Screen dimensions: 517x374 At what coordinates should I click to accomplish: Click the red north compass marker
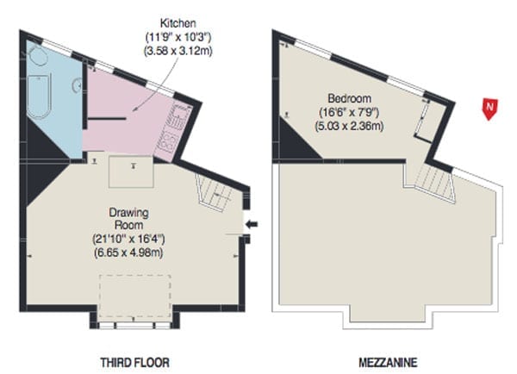click(x=489, y=109)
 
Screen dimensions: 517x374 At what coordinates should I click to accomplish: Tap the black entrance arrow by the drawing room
click(x=252, y=224)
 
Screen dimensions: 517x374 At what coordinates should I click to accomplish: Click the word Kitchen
click(x=178, y=23)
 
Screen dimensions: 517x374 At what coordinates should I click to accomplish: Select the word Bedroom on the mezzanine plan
click(x=350, y=98)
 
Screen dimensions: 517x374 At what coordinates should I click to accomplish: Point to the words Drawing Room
click(x=128, y=219)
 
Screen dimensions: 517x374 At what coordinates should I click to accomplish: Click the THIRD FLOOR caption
click(x=135, y=363)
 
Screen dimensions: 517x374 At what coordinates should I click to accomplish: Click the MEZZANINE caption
click(x=388, y=363)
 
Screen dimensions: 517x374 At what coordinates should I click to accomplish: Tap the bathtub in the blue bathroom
click(x=40, y=97)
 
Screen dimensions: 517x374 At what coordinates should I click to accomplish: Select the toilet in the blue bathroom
click(x=37, y=55)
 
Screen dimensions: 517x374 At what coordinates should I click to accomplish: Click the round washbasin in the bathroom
click(x=77, y=85)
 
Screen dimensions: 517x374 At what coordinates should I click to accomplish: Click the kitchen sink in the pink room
click(x=181, y=117)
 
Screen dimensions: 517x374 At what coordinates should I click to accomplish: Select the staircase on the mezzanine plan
click(x=434, y=183)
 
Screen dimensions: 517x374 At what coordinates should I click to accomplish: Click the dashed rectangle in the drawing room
click(x=135, y=296)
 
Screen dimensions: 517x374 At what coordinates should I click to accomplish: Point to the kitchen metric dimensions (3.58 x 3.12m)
click(x=178, y=51)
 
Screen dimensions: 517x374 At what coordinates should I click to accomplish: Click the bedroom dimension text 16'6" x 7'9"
click(x=350, y=113)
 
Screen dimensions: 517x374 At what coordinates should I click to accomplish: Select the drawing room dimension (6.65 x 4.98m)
click(x=128, y=252)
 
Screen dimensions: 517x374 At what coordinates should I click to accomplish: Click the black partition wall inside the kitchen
click(x=107, y=118)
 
